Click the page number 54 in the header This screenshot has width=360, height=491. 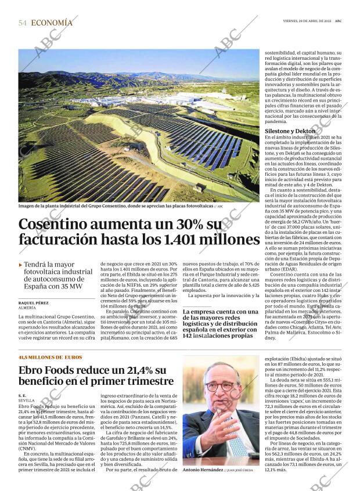pyautogui.click(x=23, y=23)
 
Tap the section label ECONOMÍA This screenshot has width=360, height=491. pyautogui.click(x=52, y=23)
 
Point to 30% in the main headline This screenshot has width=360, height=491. pyautogui.click(x=187, y=225)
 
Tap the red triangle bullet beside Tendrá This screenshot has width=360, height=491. pyautogui.click(x=21, y=265)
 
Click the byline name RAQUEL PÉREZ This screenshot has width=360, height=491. pyautogui.click(x=34, y=303)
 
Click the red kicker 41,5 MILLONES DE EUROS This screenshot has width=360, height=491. pyautogui.click(x=50, y=357)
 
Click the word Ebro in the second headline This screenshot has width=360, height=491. pyautogui.click(x=34, y=370)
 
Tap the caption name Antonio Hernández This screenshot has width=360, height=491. pyautogui.click(x=203, y=470)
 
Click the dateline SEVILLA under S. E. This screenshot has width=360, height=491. pyautogui.click(x=27, y=400)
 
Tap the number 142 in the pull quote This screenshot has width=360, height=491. pyautogui.click(x=192, y=335)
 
